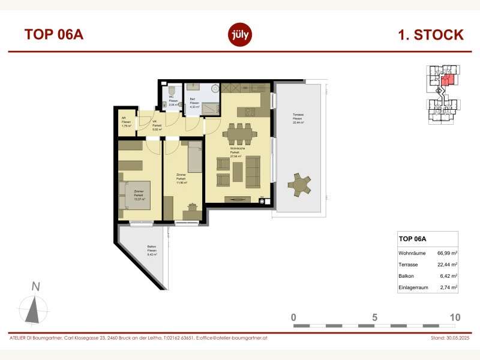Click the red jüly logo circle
click(x=240, y=34)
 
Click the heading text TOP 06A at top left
click(x=53, y=34)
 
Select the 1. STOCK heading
click(x=430, y=35)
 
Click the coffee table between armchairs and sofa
click(x=238, y=171)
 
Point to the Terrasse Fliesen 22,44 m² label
click(x=298, y=119)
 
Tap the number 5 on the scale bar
click(x=374, y=317)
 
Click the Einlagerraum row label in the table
click(x=415, y=287)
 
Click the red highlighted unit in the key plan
click(x=446, y=80)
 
